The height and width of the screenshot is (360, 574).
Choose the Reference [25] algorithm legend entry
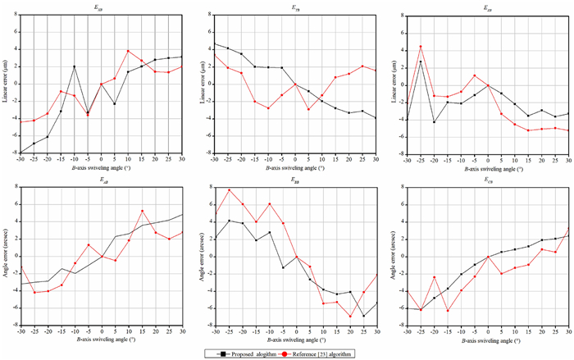(331, 353)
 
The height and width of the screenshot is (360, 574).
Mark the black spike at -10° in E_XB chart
(74, 66)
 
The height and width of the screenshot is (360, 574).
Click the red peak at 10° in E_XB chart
(128, 51)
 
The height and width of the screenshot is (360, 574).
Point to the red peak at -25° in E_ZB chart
(421, 47)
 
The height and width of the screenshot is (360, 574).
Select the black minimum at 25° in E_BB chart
(364, 316)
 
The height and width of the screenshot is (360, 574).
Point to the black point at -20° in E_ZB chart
(435, 122)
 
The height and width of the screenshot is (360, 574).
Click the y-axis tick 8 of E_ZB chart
(399, 15)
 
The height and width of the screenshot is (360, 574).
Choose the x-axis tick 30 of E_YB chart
(377, 159)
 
